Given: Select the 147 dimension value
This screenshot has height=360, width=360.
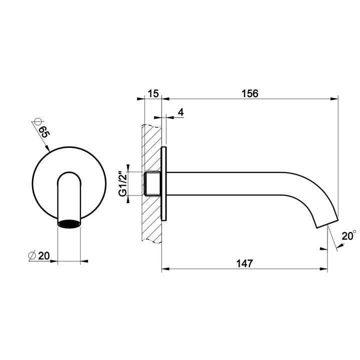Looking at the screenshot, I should point(244,263).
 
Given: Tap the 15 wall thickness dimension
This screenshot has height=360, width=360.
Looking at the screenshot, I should point(153,93).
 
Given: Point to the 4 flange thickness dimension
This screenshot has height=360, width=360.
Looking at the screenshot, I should point(180,112).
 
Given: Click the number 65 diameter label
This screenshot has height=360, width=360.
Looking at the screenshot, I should point(43,133).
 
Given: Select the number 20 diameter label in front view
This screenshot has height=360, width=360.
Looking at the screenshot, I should point(43,255).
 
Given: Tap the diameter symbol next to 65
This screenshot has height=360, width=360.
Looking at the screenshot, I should point(34,121).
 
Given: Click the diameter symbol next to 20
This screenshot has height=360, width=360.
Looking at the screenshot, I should point(31,255).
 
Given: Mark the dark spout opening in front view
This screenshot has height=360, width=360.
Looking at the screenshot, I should point(69,223).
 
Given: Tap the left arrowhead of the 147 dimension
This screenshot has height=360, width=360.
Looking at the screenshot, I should point(165,269).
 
